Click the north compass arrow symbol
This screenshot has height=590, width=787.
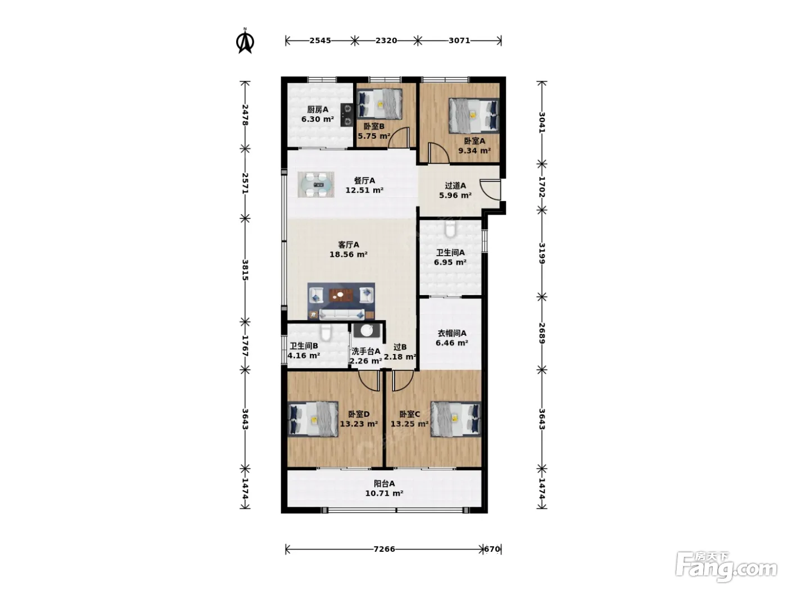pyautogui.click(x=245, y=42)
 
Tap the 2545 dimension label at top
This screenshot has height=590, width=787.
pyautogui.click(x=320, y=40)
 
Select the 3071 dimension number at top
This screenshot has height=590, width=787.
pyautogui.click(x=459, y=40)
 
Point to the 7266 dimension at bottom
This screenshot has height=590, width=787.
pyautogui.click(x=384, y=549)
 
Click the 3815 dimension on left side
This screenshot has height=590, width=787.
pyautogui.click(x=245, y=270)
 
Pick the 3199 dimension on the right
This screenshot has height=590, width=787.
pyautogui.click(x=542, y=253)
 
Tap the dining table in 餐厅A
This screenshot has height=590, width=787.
pyautogui.click(x=316, y=184)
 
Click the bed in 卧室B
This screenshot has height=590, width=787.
pyautogui.click(x=379, y=104)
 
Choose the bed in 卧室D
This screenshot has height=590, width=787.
pyautogui.click(x=313, y=419)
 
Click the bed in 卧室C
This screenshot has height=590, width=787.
pyautogui.click(x=456, y=419)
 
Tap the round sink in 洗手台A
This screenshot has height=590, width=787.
pyautogui.click(x=367, y=330)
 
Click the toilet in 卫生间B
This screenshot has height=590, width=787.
pyautogui.click(x=325, y=333)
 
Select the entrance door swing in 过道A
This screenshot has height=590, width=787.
pyautogui.click(x=490, y=189)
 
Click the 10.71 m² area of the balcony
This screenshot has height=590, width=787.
pyautogui.click(x=384, y=493)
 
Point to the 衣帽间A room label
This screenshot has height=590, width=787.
pyautogui.click(x=452, y=333)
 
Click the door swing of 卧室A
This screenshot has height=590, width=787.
pyautogui.click(x=437, y=152)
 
